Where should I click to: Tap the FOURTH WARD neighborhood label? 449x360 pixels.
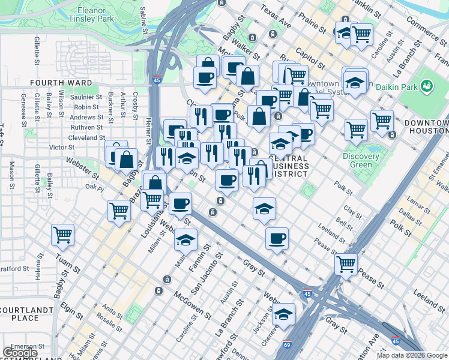click(x=62, y=83)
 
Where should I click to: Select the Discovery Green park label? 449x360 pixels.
click(x=360, y=161)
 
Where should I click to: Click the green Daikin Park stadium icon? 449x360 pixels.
click(x=427, y=86)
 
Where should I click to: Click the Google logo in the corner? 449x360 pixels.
click(x=20, y=353)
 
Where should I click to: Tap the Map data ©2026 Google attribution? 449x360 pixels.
click(x=411, y=355)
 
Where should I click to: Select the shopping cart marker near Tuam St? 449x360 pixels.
click(x=62, y=235)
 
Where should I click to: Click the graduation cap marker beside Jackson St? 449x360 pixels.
click(x=283, y=313)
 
